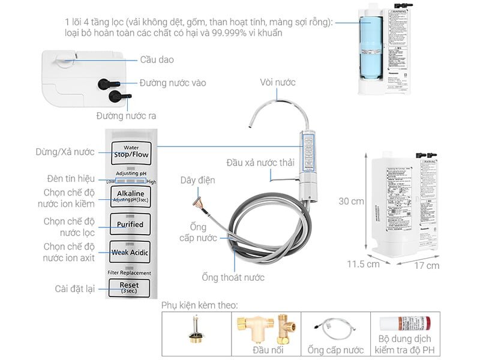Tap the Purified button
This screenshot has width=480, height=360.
[130, 224]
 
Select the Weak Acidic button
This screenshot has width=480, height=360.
[130, 252]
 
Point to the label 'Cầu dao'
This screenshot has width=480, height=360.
[157, 60]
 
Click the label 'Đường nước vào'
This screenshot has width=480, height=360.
[173, 83]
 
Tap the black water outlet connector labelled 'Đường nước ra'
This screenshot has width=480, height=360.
[114, 96]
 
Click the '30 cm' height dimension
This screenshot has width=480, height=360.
[351, 202]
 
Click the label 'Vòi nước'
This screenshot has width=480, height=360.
[278, 82]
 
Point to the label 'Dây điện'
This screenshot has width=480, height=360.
[197, 180]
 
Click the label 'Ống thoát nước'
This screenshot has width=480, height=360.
[233, 278]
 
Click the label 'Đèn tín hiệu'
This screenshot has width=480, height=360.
[71, 179]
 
